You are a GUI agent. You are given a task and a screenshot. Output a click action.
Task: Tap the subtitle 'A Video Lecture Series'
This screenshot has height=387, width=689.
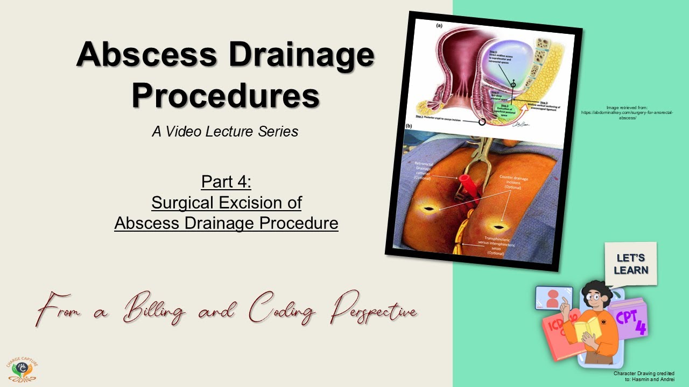pos(225,131)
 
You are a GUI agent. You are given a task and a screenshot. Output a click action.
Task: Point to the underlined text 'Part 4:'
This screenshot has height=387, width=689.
pos(226,182)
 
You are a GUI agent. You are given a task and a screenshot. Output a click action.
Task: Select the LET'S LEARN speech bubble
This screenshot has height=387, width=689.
pos(631,264)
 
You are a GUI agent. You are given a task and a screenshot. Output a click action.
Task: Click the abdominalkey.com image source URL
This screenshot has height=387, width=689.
pos(628,112)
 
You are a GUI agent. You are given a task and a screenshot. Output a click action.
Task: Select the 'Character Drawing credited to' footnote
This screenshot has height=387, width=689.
pos(644,376)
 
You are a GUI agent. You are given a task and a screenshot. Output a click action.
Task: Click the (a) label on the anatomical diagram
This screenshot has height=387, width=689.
pos(439,25)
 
